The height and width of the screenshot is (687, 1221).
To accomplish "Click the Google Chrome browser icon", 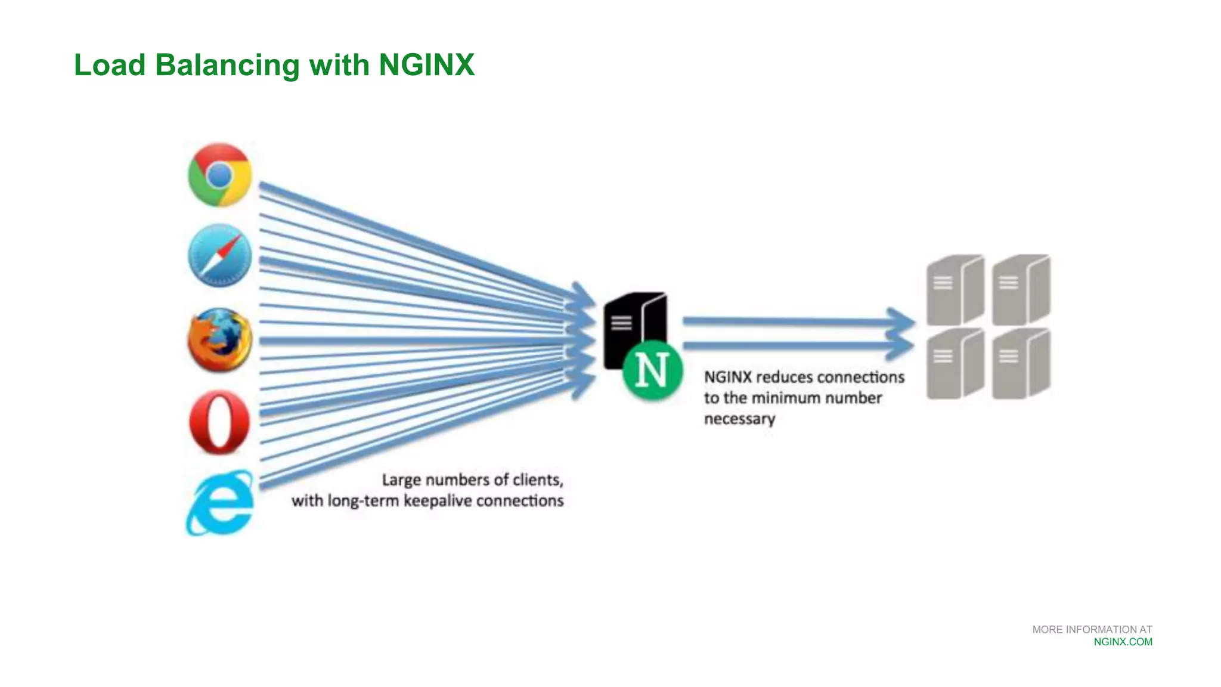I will coord(219,175).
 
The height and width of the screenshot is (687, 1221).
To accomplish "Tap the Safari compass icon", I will coord(219,256).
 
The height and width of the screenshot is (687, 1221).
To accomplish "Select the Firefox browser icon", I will coord(219,340).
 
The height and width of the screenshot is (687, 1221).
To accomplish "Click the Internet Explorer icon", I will coord(219,503).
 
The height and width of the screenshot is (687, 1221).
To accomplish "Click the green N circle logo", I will coord(652,370).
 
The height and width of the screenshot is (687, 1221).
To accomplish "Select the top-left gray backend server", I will coord(955,289).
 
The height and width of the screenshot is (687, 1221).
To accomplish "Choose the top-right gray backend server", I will coord(1021,289).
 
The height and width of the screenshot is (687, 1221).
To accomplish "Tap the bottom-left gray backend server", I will coord(955,363).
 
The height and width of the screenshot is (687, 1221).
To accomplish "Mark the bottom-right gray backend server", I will coord(1021,363).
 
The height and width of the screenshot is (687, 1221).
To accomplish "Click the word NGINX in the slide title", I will coord(426,64).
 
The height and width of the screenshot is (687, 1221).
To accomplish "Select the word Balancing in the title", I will coord(227,64).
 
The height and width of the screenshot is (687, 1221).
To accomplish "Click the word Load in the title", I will coord(110,64).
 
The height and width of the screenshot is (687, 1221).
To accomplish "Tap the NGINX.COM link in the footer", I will coord(1123,642).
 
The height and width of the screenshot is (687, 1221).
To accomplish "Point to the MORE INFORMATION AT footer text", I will coord(1092,629).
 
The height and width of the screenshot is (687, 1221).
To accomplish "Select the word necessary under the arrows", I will coord(739,419).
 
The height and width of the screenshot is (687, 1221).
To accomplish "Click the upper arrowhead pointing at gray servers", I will coord(900,322).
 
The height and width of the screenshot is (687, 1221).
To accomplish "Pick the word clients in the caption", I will coord(536,480).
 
